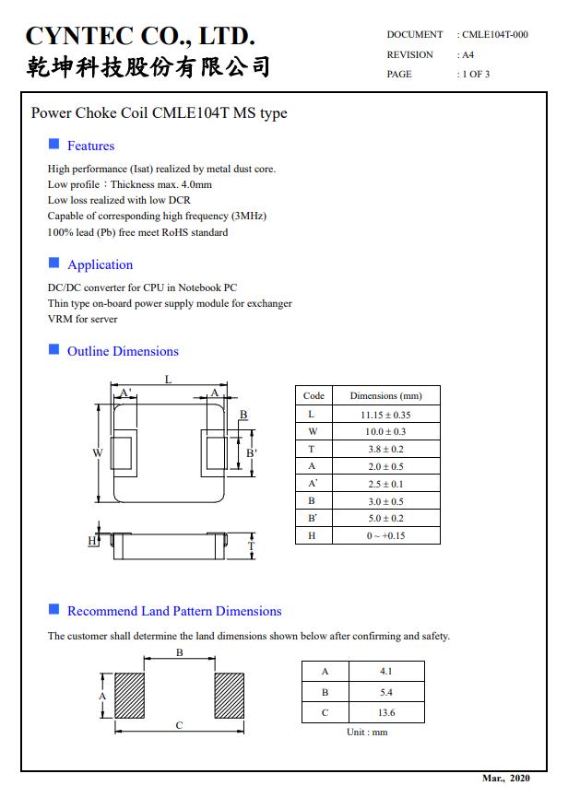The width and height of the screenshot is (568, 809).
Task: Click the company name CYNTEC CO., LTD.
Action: pyautogui.click(x=140, y=36)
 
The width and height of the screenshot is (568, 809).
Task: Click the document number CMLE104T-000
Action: pyautogui.click(x=494, y=35)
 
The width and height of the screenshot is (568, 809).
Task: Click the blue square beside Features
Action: pyautogui.click(x=53, y=145)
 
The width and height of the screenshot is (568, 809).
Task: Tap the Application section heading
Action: pyautogui.click(x=100, y=264)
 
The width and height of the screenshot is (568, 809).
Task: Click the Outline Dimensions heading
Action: pyautogui.click(x=123, y=351)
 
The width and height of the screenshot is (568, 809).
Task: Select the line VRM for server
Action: pyautogui.click(x=83, y=319)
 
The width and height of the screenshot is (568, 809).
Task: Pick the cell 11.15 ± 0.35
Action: pyautogui.click(x=385, y=415)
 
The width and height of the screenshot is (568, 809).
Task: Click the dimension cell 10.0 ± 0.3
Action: pyautogui.click(x=385, y=432)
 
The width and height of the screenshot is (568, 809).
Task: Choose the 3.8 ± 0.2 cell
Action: pyautogui.click(x=385, y=449)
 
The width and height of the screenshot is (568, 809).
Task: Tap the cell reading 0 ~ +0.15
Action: pyautogui.click(x=385, y=535)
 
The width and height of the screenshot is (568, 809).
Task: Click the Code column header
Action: pyautogui.click(x=314, y=395)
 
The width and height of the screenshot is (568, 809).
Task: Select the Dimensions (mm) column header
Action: pyautogui.click(x=385, y=395)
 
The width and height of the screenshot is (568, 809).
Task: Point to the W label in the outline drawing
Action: pyautogui.click(x=96, y=452)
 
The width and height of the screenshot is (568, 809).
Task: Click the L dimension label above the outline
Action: pyautogui.click(x=168, y=379)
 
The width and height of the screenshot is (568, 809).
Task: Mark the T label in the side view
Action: pyautogui.click(x=251, y=545)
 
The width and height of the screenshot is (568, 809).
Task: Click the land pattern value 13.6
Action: pyautogui.click(x=386, y=712)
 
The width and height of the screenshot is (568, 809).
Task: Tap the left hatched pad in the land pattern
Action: pyautogui.click(x=129, y=696)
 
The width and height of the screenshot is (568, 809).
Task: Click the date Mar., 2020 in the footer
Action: pyautogui.click(x=506, y=779)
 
